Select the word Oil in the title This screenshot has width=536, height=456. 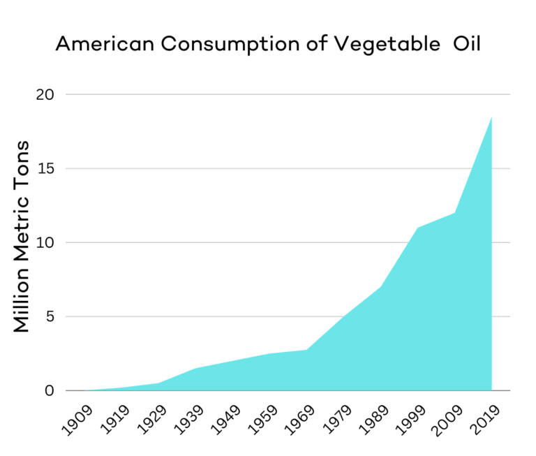465,44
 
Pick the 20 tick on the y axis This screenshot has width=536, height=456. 45,94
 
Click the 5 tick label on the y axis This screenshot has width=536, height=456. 49,316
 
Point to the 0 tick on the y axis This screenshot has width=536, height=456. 49,390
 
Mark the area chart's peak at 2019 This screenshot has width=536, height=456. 491,117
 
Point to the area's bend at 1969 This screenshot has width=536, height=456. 306,350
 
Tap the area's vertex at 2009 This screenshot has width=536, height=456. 454,213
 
